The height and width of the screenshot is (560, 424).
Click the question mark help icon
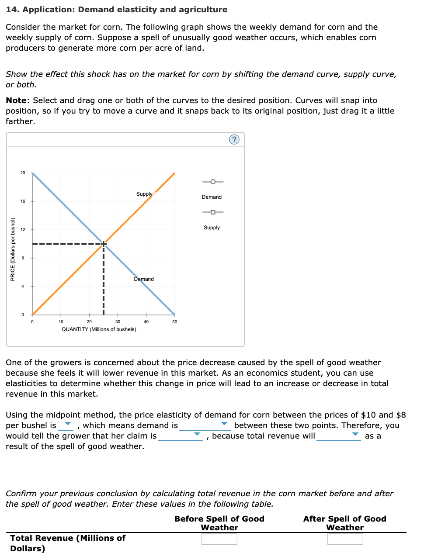[x=234, y=139]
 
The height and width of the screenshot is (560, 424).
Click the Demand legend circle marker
[x=213, y=182]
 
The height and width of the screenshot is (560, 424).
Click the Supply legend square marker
[x=213, y=212]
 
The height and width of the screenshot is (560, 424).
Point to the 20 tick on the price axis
[x=23, y=173]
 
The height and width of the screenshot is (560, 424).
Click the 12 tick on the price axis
[x=23, y=230]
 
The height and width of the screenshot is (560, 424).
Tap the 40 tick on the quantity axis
[x=146, y=321]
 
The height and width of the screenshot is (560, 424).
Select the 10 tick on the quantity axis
[x=61, y=321]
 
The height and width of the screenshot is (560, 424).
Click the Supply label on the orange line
[x=144, y=194]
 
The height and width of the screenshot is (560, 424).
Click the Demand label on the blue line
[x=144, y=279]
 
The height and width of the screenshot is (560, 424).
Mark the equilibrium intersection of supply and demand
[x=104, y=244]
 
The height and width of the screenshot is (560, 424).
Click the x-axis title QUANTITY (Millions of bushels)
[x=99, y=329]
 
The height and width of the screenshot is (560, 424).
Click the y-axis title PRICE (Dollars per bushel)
[x=13, y=249]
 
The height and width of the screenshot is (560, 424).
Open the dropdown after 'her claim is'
[x=181, y=436]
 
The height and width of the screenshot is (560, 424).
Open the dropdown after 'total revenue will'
[x=339, y=436]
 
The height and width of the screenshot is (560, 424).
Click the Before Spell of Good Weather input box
[x=219, y=539]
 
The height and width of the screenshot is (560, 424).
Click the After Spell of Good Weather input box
[x=345, y=539]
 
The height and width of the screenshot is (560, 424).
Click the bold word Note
[x=16, y=100]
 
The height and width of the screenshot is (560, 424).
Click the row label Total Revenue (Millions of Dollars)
[x=68, y=543]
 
